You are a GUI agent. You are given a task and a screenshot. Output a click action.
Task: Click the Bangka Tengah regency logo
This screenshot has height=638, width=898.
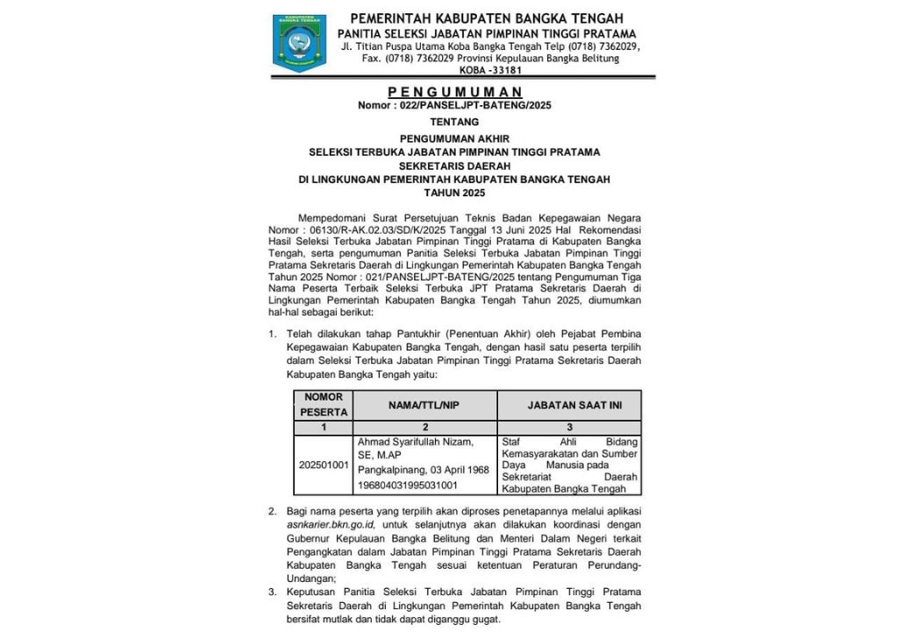(299, 42)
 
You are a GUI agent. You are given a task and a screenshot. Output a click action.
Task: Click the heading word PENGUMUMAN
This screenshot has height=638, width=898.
(455, 91)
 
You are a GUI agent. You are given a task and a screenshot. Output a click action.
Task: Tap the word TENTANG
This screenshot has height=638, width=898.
(454, 122)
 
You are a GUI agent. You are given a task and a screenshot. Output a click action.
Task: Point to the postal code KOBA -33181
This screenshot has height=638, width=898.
(490, 70)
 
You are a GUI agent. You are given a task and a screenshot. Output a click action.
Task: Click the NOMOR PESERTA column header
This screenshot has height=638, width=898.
(324, 404)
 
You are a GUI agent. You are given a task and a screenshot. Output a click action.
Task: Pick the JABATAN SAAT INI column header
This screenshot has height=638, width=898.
(569, 405)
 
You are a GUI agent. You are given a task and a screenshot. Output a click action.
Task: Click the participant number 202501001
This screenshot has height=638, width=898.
(324, 464)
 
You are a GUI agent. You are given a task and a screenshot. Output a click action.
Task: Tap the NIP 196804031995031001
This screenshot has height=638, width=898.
(408, 485)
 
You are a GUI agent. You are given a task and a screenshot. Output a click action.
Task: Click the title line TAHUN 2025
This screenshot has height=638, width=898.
(454, 193)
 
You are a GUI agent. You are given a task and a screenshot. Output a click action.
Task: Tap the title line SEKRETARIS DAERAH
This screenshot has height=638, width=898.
(454, 166)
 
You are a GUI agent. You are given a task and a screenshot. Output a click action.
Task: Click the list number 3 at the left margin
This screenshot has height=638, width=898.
(272, 592)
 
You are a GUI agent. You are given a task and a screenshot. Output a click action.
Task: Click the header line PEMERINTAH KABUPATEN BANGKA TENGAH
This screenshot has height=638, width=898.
(487, 18)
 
